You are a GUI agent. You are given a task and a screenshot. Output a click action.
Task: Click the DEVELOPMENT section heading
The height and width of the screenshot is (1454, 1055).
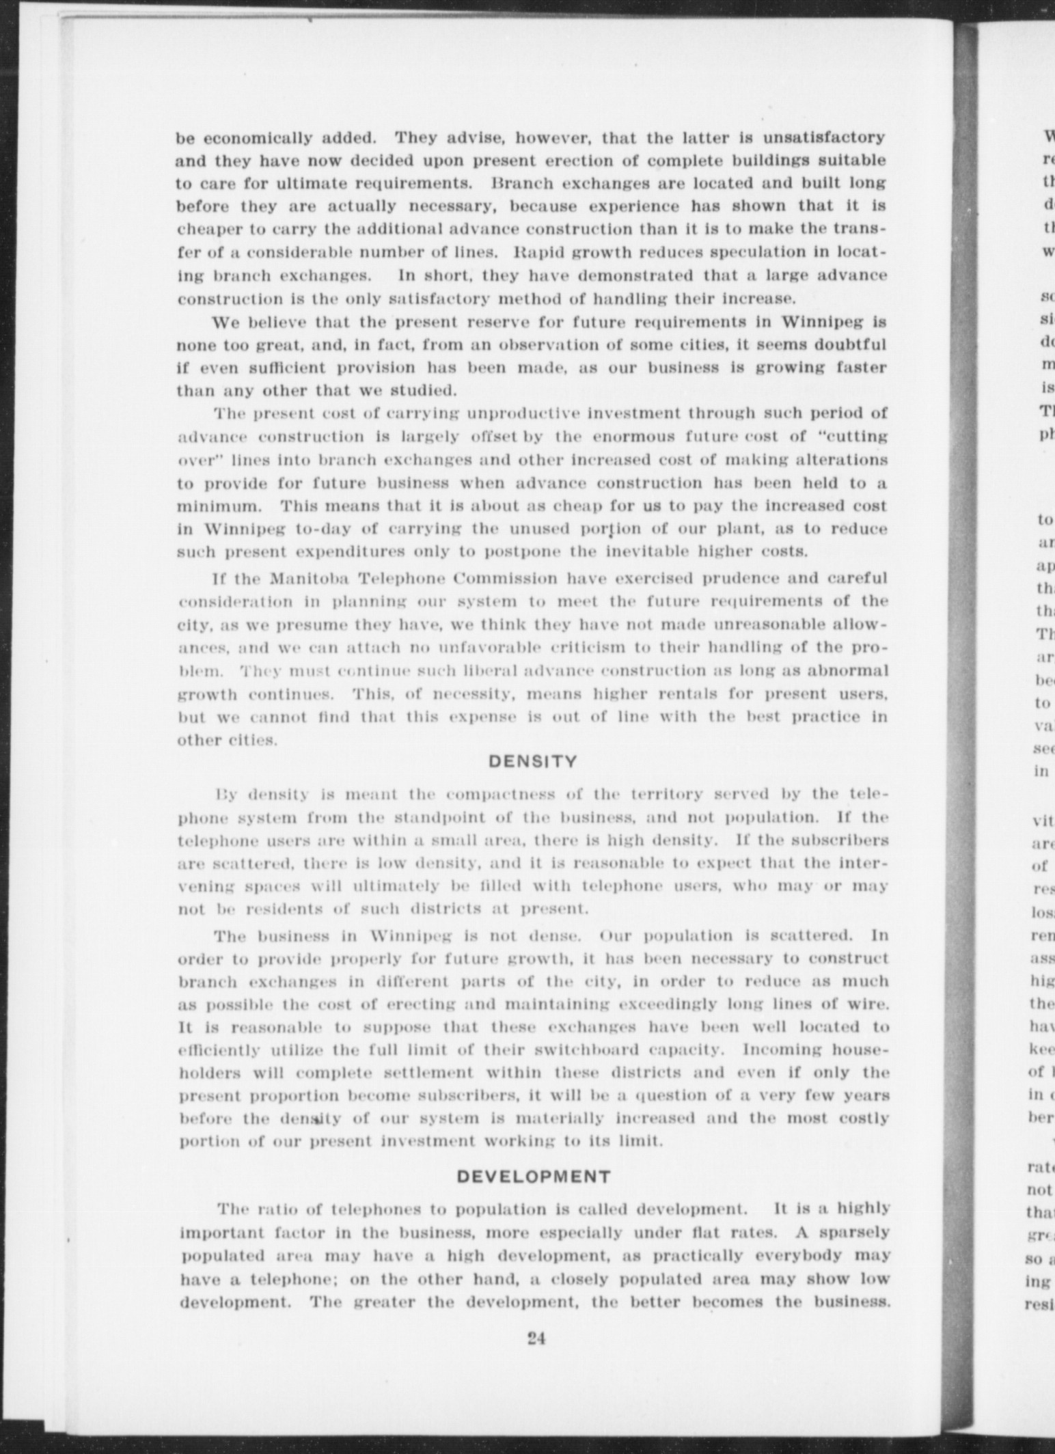pyautogui.click(x=533, y=1177)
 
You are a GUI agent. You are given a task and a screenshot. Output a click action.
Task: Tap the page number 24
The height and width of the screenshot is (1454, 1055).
pyautogui.click(x=535, y=1339)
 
